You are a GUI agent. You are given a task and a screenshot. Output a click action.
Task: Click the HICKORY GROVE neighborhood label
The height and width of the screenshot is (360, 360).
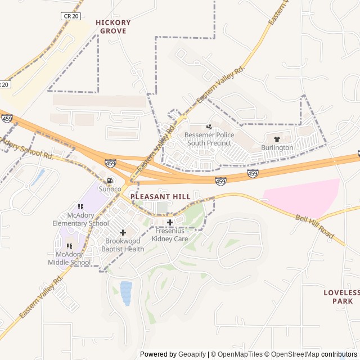pos(113,26)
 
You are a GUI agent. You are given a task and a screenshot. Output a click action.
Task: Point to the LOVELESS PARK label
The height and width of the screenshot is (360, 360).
pos(341,296)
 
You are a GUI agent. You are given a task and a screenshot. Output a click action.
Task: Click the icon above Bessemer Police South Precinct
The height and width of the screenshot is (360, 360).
pos(209,127)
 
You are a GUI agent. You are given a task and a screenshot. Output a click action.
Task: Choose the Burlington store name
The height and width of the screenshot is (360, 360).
pos(277,147)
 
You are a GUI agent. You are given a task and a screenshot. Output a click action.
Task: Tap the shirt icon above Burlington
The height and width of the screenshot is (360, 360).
pos(277,139)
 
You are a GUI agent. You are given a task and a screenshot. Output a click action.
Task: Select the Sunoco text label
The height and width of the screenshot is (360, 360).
pos(110,189)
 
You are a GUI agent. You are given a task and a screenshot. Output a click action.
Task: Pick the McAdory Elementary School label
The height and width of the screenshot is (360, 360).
pos(80,219)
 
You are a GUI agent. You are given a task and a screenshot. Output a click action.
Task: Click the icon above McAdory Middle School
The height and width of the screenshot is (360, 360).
pos(69,246)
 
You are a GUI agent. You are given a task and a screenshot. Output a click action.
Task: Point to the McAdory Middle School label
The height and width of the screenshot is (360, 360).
pos(69,258)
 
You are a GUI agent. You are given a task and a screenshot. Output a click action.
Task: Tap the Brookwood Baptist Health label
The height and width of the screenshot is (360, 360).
pos(123,245)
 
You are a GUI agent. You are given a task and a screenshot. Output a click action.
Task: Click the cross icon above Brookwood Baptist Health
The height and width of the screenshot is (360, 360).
pos(123,232)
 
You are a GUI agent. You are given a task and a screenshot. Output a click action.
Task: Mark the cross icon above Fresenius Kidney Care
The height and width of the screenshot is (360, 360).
pos(170,223)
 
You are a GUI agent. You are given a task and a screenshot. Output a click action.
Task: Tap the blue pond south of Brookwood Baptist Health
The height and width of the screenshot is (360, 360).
pos(126,293)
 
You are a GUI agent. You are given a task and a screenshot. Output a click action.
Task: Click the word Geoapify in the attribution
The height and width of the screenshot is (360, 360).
pos(192,354)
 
